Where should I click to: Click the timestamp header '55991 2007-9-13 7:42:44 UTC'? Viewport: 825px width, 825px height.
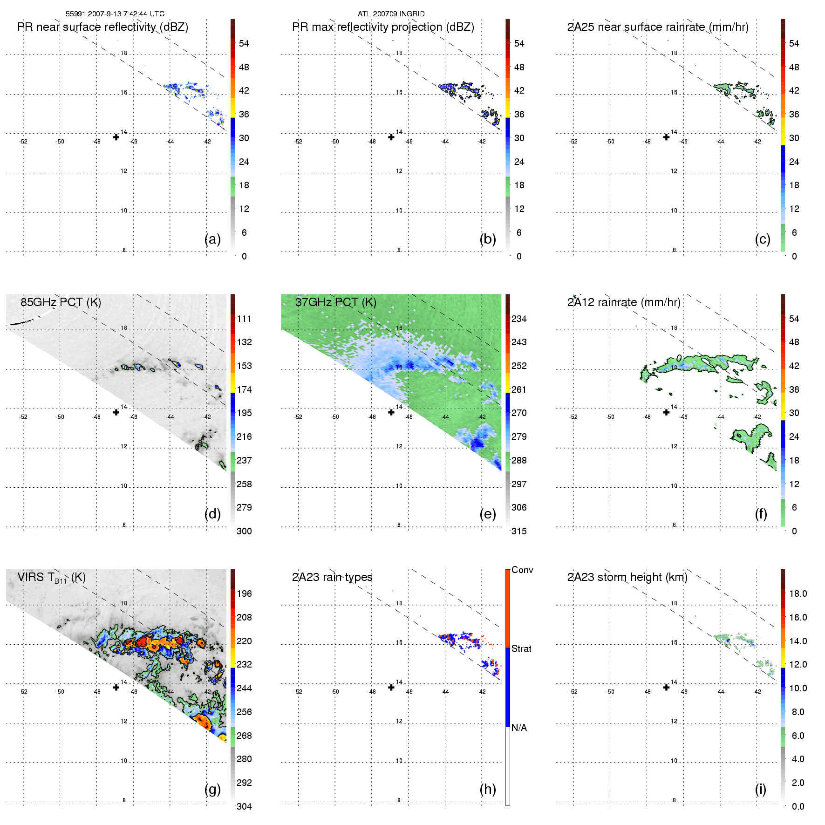[115, 14]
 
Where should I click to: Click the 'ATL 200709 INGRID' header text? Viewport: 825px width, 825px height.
[391, 14]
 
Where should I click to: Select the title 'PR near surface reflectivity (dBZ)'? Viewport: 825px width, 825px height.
[102, 27]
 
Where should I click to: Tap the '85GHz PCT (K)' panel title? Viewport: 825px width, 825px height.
[61, 302]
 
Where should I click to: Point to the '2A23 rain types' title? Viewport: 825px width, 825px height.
[332, 577]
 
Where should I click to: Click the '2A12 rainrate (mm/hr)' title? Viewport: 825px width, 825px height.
[623, 302]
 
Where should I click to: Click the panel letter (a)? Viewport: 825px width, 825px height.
[212, 239]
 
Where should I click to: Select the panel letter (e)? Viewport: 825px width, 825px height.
[487, 514]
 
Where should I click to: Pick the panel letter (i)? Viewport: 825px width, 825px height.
[760, 789]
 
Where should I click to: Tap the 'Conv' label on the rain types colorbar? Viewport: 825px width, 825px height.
[522, 570]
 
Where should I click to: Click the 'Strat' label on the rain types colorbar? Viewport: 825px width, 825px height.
[521, 648]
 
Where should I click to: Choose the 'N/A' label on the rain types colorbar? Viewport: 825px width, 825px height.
[519, 728]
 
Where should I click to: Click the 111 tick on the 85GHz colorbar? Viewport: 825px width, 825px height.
[244, 319]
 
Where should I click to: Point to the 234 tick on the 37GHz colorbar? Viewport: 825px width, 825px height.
[519, 319]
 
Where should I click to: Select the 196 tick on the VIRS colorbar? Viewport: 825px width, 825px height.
[244, 593]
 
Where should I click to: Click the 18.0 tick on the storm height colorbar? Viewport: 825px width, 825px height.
[798, 593]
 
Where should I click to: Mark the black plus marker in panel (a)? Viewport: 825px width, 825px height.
[116, 137]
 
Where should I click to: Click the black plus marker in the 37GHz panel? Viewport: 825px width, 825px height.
[391, 412]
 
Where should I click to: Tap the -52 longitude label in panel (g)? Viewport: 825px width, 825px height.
[23, 692]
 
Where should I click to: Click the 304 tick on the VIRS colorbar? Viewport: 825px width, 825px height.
[244, 806]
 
